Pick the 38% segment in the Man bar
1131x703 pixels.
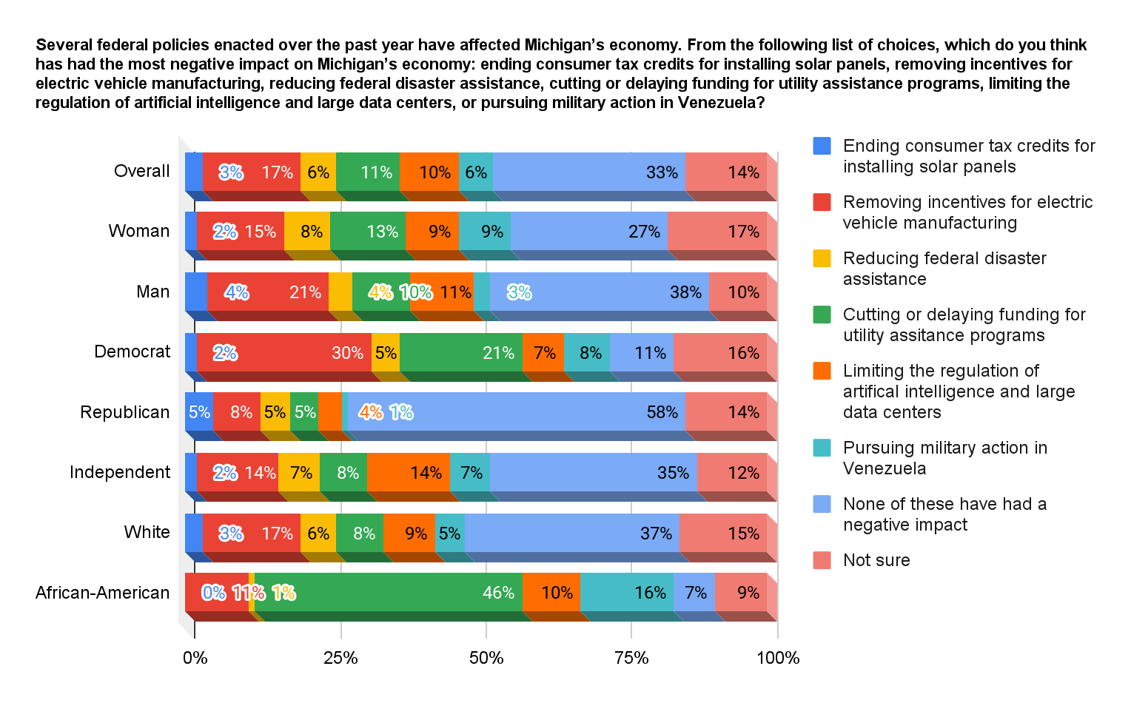point(599,292)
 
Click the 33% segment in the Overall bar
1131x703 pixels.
point(588,172)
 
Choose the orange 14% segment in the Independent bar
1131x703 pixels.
point(408,472)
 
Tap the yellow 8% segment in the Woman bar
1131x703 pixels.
point(307,231)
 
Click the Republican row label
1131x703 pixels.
point(124,412)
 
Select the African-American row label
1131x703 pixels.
point(102,593)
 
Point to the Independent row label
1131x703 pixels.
point(119,472)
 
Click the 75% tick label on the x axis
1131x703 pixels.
point(631,658)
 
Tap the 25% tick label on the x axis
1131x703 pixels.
point(340,658)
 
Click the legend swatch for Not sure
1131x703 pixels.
point(822,560)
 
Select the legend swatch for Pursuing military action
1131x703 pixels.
point(822,448)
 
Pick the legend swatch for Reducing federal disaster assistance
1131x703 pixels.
point(822,258)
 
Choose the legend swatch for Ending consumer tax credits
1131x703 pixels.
point(822,146)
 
